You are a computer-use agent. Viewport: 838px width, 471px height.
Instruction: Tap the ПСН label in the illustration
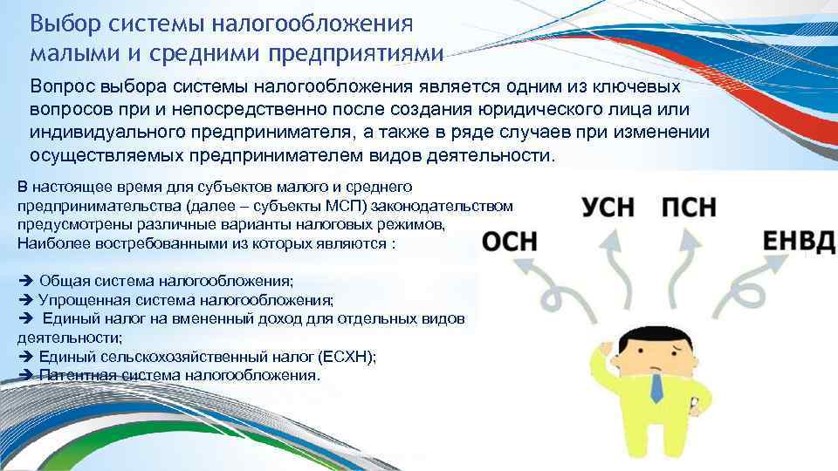689,208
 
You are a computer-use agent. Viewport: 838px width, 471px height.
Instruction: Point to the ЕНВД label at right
799,242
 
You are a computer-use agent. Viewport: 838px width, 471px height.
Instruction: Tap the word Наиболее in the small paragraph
45,243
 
